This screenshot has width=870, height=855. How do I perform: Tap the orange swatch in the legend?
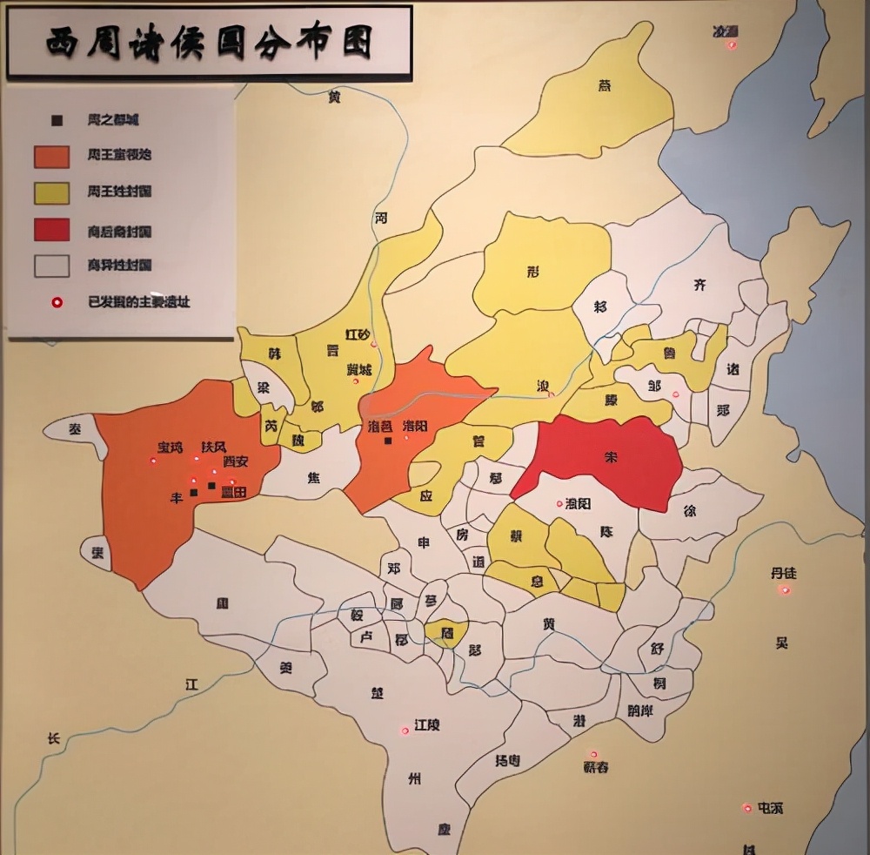(51, 155)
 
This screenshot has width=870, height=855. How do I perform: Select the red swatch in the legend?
(51, 230)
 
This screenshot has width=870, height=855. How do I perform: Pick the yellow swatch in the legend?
(51, 192)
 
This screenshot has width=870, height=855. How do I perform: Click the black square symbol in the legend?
(57, 119)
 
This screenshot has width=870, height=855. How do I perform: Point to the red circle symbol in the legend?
(57, 302)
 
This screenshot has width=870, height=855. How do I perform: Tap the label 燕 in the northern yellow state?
(605, 85)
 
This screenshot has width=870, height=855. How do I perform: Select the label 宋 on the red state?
(610, 455)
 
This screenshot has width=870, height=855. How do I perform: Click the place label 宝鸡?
(170, 448)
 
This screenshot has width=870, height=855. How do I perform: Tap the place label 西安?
(235, 461)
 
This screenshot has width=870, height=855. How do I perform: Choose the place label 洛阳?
(415, 426)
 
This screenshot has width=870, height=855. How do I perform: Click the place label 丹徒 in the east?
(783, 573)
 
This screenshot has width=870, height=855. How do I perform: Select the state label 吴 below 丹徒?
(781, 643)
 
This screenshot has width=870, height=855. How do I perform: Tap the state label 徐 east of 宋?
(690, 511)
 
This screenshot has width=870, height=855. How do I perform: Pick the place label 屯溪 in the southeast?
(770, 808)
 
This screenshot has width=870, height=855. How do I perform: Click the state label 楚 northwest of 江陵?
(377, 693)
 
